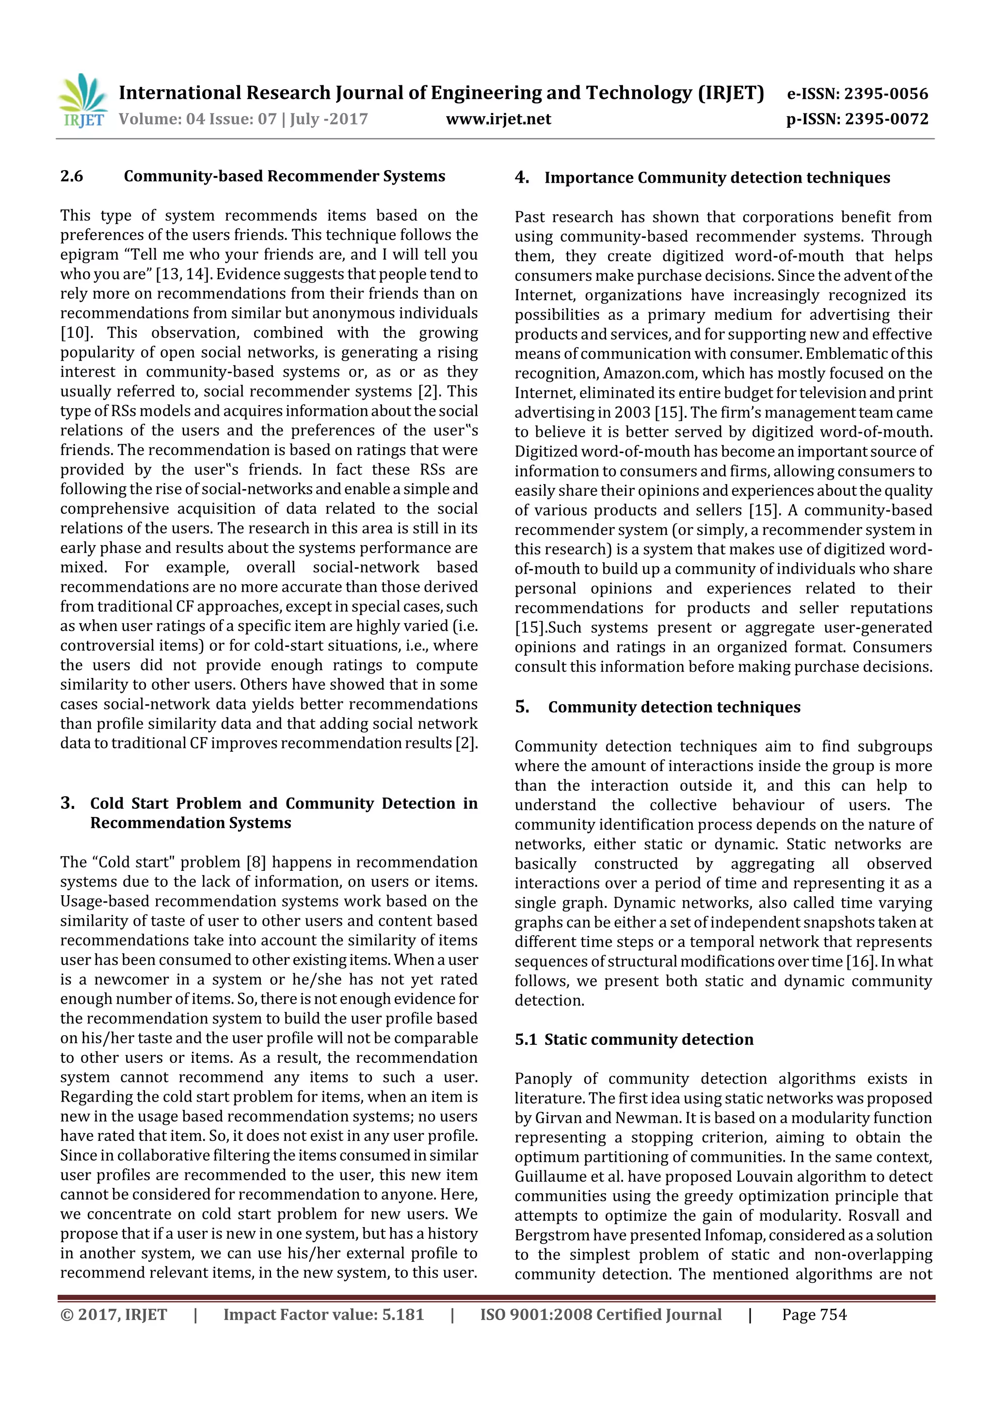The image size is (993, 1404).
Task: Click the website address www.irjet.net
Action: tap(498, 119)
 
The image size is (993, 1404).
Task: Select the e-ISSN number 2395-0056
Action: tap(886, 94)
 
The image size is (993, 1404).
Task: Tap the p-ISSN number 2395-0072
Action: tap(886, 119)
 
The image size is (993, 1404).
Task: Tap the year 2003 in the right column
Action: tap(633, 413)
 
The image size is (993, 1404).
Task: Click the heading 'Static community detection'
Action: tap(649, 1040)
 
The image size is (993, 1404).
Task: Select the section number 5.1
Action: tap(526, 1040)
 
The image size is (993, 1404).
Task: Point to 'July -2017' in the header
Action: tap(329, 119)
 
